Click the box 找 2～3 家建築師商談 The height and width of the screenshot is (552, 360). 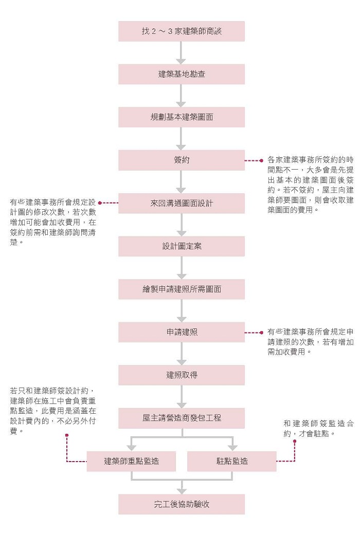tap(182, 31)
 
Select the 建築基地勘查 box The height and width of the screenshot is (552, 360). tap(182, 74)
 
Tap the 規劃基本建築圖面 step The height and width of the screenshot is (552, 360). tap(182, 117)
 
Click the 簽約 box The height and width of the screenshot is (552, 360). tap(182, 160)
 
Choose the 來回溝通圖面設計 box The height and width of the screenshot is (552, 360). tap(182, 203)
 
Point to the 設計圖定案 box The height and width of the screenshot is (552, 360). tap(182, 246)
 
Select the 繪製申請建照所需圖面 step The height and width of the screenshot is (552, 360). tap(182, 289)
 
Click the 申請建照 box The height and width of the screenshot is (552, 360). tap(182, 332)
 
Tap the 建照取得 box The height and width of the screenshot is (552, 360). tap(182, 375)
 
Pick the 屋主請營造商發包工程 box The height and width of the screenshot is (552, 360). tap(182, 418)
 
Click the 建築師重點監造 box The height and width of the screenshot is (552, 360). tap(131, 461)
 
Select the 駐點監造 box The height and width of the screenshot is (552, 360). tap(232, 461)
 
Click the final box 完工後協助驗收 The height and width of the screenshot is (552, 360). tap(182, 504)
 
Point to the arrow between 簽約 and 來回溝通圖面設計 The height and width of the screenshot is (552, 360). tap(182, 181)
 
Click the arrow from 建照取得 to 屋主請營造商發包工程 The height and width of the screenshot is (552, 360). tap(182, 396)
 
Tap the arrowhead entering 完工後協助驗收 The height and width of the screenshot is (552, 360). tap(182, 490)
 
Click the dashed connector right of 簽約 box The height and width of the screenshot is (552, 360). tap(254, 160)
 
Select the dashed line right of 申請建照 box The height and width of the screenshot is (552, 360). tap(254, 333)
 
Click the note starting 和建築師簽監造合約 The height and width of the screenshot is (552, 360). tap(318, 428)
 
